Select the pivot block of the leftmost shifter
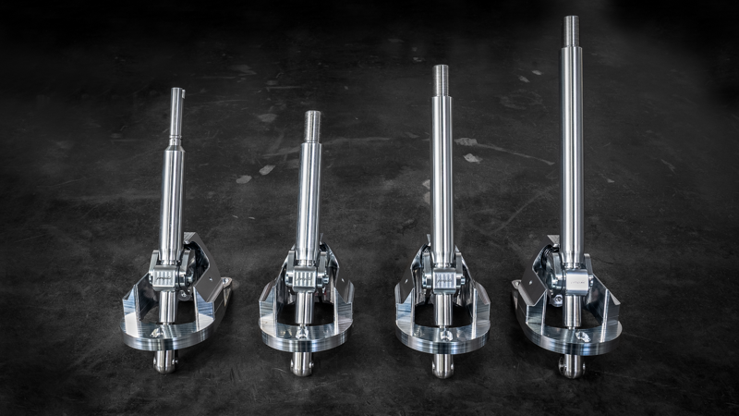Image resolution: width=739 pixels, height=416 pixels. pos(166,276)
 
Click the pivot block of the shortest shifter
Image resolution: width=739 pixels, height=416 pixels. pos(305,278)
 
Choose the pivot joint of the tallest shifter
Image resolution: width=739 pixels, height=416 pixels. pos(574,277)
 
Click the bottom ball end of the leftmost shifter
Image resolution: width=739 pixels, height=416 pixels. pos(165,361)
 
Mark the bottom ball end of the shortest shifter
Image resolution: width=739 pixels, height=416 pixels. pos(302,363)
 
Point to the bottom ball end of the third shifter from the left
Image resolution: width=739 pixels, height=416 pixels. pos(442,365)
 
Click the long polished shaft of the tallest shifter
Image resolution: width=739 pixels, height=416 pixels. pos(573,157)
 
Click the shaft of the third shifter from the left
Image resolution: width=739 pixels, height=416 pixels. pos(442,176)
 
